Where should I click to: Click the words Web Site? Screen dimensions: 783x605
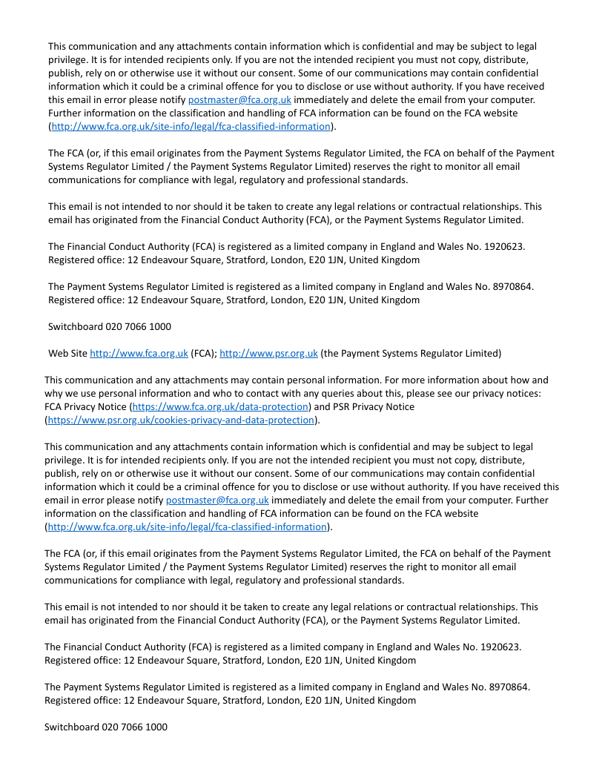point(67,353)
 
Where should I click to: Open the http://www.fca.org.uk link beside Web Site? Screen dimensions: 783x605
point(139,353)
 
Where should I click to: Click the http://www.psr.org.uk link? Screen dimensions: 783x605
point(268,353)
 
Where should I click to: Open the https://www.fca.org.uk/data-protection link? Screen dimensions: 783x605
point(220,406)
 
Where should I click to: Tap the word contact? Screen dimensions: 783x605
point(289,393)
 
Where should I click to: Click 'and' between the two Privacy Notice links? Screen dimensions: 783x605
point(322,406)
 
